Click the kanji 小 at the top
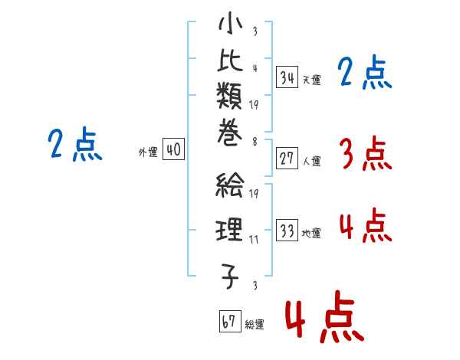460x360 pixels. click(231, 23)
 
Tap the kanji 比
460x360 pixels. click(230, 60)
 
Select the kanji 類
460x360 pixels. click(229, 96)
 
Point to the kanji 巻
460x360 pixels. click(229, 133)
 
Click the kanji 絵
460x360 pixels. click(229, 185)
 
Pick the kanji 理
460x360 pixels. click(229, 230)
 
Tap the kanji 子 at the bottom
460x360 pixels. click(230, 276)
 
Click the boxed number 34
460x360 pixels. click(287, 77)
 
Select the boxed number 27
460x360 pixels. click(287, 159)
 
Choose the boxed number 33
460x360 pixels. click(287, 230)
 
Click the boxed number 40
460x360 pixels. click(174, 149)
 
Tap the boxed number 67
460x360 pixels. click(230, 321)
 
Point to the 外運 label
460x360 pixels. click(148, 152)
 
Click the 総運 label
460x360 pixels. click(255, 324)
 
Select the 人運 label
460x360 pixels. click(312, 161)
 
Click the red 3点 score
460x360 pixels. click(366, 153)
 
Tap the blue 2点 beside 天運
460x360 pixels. click(365, 72)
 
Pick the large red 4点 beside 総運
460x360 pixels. click(324, 317)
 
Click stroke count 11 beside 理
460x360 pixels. click(254, 240)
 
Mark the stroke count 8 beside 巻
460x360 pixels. click(255, 142)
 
